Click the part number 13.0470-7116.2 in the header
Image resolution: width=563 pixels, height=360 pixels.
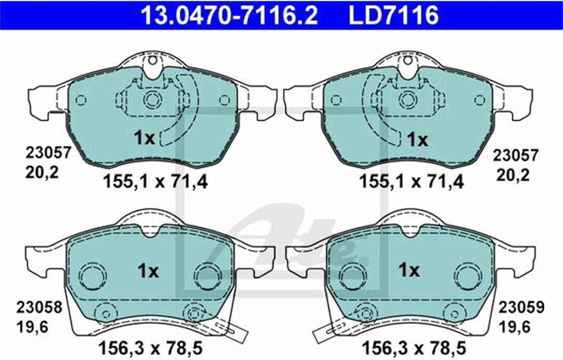(229, 16)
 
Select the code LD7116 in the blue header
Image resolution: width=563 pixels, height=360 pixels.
(394, 16)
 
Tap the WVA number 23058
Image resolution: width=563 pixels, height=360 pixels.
(39, 307)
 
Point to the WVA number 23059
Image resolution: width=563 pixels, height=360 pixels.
(521, 307)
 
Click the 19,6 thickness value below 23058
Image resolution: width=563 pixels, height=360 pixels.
(32, 327)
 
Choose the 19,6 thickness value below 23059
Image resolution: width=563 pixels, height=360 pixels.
(514, 327)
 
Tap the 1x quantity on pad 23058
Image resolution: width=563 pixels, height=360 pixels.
(148, 271)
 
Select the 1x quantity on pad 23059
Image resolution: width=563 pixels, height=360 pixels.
(409, 269)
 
